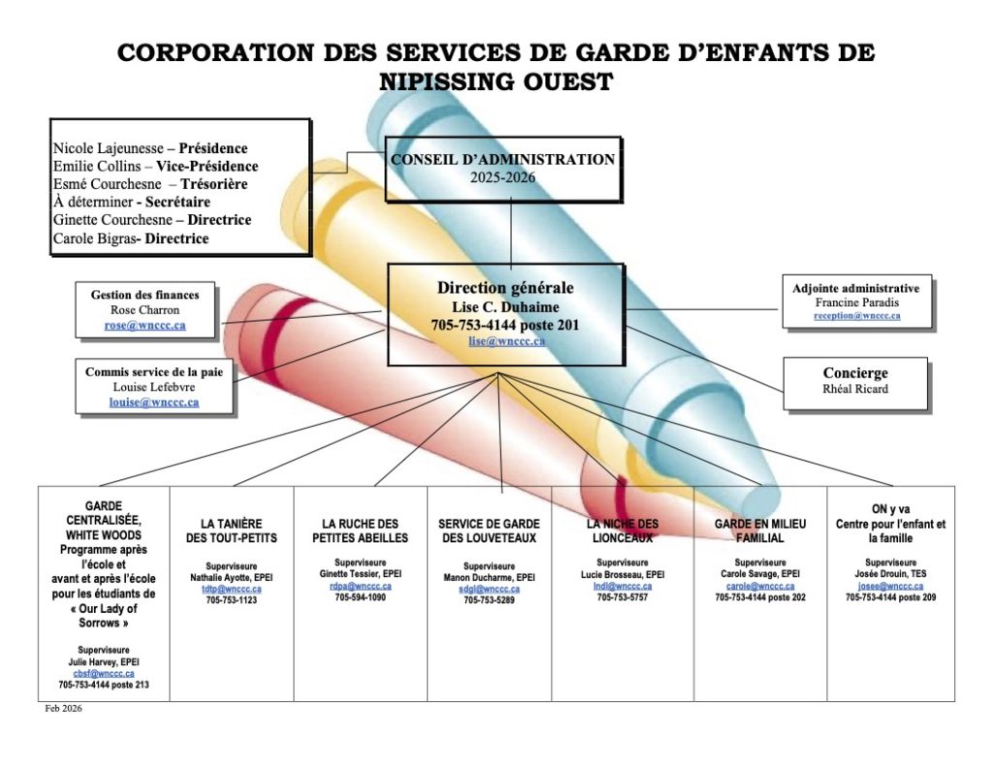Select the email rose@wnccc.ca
pyautogui.click(x=144, y=326)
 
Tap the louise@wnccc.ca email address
pyautogui.click(x=154, y=401)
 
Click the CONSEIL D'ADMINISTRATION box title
pyautogui.click(x=502, y=160)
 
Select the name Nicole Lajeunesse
pyautogui.click(x=107, y=148)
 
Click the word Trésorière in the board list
pyautogui.click(x=214, y=183)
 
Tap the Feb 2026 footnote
pyautogui.click(x=64, y=709)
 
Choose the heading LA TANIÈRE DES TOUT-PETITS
pyautogui.click(x=232, y=530)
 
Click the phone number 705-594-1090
pyautogui.click(x=360, y=597)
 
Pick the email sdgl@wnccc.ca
pyautogui.click(x=489, y=589)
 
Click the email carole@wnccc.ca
pyautogui.click(x=759, y=586)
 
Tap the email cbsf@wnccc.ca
pyautogui.click(x=103, y=673)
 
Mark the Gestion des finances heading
pyautogui.click(x=144, y=295)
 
